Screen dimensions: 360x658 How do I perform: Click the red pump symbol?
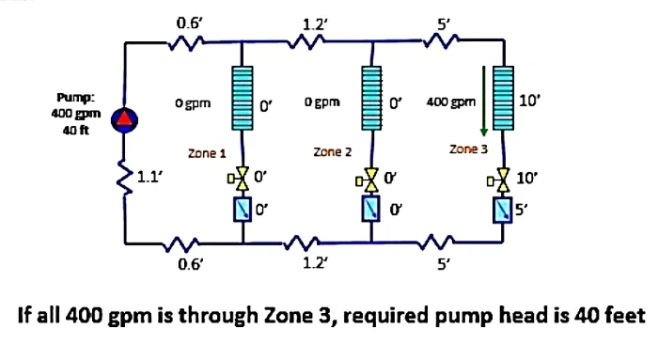[x=124, y=117]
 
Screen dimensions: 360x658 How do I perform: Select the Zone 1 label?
[x=208, y=150]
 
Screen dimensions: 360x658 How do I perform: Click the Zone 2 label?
[x=332, y=150]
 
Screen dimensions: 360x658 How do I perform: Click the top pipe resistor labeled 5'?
[x=443, y=39]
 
